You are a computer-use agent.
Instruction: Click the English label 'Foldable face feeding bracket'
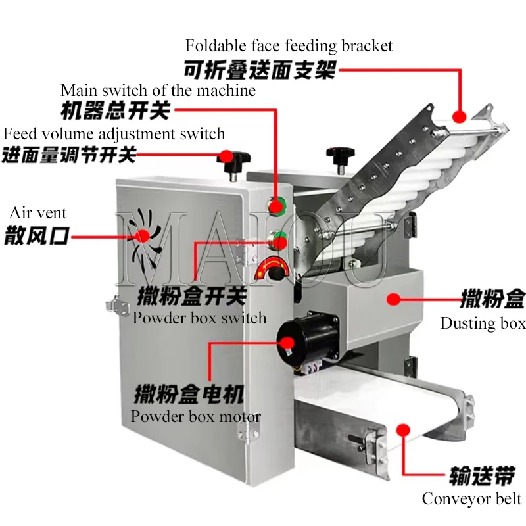click(x=289, y=46)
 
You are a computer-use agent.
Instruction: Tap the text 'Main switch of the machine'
click(x=158, y=90)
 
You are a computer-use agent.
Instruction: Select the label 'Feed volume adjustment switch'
click(x=114, y=134)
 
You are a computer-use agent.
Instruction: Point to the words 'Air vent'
click(x=37, y=213)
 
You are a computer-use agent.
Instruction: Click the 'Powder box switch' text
click(x=199, y=318)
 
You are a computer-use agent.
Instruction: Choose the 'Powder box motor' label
click(x=195, y=416)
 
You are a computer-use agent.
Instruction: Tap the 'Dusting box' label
click(x=483, y=323)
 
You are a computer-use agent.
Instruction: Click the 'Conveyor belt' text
click(x=471, y=498)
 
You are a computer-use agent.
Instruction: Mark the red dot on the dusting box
click(x=393, y=300)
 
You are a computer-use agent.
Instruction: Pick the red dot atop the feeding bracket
click(x=459, y=116)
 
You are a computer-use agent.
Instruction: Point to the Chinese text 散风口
click(x=37, y=235)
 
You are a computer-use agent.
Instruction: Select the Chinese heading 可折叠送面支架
click(x=260, y=69)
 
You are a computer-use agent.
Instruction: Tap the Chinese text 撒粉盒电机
click(x=189, y=395)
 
